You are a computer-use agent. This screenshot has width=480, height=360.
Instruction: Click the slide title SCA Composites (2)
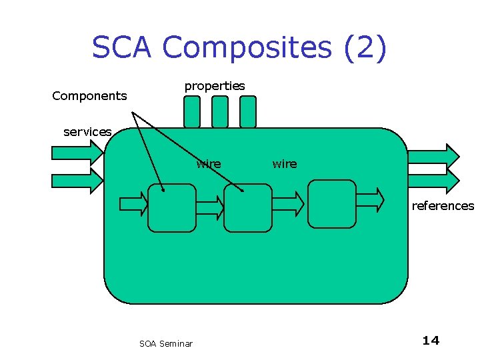[x=239, y=48]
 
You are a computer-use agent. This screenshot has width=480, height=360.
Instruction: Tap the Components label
[x=89, y=96]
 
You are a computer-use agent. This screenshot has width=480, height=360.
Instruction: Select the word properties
[x=215, y=86]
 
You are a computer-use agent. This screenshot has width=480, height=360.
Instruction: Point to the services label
[x=87, y=132]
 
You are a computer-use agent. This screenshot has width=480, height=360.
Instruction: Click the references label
[x=443, y=206]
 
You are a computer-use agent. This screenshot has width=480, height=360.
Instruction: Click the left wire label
[x=209, y=164]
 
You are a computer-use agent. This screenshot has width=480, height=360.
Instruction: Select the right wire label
[x=285, y=164]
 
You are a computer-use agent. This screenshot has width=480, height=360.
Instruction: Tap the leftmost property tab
[x=192, y=111]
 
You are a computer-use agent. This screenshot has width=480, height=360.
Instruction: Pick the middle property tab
[x=220, y=111]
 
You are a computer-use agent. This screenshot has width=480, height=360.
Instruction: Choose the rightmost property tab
[x=248, y=111]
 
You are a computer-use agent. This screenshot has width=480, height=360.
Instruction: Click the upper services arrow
[x=77, y=153]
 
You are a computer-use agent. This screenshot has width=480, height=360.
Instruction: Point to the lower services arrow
[x=77, y=181]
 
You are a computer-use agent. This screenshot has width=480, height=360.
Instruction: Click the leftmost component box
[x=172, y=208]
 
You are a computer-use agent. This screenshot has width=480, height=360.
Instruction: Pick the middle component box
[x=248, y=208]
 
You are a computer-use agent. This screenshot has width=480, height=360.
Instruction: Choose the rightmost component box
[x=333, y=204]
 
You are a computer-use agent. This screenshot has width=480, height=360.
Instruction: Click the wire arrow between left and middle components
[x=211, y=208]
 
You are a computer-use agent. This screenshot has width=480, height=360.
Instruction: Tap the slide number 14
[x=431, y=341]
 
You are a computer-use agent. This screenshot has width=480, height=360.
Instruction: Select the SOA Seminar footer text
[x=166, y=344]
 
